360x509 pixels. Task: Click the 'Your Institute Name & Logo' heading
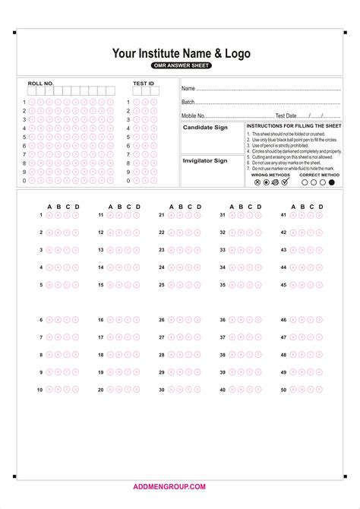(x=181, y=53)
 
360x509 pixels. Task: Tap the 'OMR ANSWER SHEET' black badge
(x=181, y=66)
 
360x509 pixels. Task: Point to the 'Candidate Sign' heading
(x=204, y=128)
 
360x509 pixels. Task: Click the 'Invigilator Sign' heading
(x=205, y=160)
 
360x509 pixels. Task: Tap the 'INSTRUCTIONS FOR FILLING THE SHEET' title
(x=294, y=125)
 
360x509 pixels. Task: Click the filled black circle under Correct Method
(x=331, y=182)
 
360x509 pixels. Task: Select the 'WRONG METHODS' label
(x=270, y=175)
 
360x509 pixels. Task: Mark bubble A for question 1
(x=50, y=215)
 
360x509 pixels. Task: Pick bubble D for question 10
(x=76, y=390)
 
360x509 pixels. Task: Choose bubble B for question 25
(x=180, y=285)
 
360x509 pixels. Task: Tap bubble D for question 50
(x=319, y=390)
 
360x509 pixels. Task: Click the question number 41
(x=283, y=215)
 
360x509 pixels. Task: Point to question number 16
(x=100, y=320)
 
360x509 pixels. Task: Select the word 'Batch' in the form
(x=188, y=102)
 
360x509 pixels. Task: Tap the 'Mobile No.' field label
(x=194, y=115)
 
